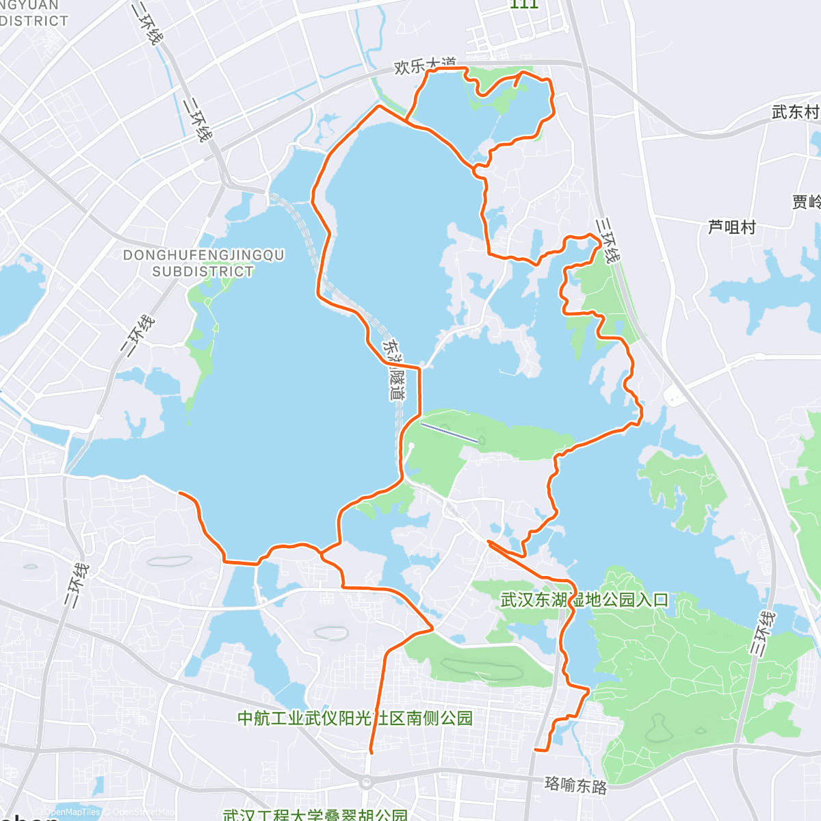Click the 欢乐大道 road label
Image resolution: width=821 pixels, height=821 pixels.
click(425, 66)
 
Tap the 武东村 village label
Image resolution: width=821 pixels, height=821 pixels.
click(795, 112)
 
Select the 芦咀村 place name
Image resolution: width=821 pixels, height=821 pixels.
click(731, 226)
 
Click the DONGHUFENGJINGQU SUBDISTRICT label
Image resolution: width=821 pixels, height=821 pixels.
click(203, 263)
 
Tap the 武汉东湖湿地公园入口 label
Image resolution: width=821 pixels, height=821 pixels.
click(584, 600)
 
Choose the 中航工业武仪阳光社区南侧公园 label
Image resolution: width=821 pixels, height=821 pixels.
click(354, 718)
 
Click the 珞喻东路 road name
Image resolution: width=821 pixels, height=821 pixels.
click(575, 785)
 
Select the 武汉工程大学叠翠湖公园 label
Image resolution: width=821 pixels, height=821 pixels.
click(315, 815)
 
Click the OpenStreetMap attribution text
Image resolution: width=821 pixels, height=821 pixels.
click(140, 813)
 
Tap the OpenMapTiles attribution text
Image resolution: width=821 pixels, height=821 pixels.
click(71, 813)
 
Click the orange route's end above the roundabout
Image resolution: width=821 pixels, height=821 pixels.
click(370, 752)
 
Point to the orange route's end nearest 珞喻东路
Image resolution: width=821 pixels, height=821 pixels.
click(536, 750)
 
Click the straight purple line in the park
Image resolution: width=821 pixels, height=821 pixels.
click(449, 432)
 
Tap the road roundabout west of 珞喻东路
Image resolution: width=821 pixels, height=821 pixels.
click(367, 782)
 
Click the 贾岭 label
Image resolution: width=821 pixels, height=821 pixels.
click(806, 202)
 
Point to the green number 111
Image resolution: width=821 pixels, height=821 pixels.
click(525, 4)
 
